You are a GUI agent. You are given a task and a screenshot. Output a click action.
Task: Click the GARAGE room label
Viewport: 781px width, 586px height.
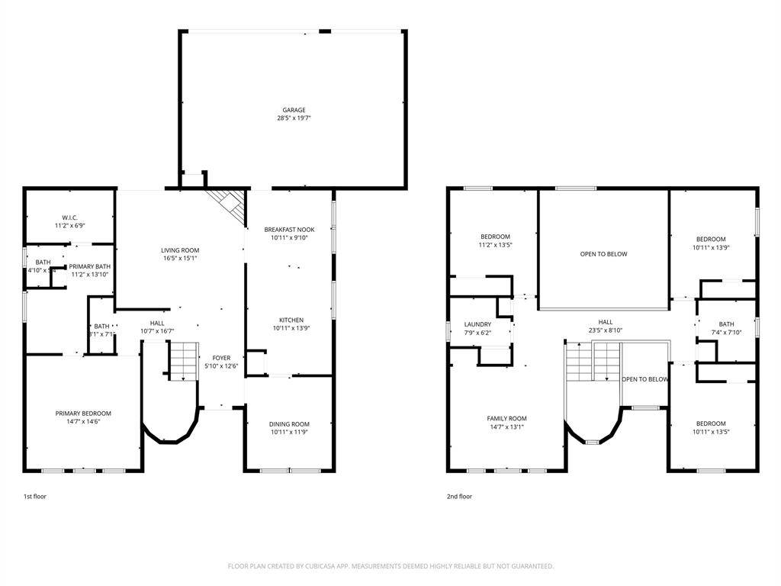[x=294, y=110]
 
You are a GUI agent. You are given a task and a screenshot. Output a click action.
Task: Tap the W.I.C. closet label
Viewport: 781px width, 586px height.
[x=69, y=217]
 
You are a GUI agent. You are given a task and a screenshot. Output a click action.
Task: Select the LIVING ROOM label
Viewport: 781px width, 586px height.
[x=180, y=250]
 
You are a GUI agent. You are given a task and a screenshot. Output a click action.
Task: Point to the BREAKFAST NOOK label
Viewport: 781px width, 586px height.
[x=289, y=229]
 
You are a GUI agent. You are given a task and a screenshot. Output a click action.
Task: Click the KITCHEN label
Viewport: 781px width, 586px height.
[x=291, y=320]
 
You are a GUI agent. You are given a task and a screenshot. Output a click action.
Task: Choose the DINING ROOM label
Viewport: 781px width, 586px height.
[x=289, y=424]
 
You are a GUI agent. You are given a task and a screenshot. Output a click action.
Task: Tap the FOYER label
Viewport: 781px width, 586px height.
[x=221, y=357]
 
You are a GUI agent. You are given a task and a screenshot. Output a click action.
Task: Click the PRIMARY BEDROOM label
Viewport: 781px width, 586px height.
[x=83, y=414]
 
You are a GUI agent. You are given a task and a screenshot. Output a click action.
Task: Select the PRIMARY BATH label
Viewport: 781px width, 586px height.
[x=90, y=266]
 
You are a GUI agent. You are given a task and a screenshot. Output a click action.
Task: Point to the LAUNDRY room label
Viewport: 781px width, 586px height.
[x=477, y=324]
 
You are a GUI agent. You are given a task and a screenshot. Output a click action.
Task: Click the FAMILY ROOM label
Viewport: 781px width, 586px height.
[x=506, y=418]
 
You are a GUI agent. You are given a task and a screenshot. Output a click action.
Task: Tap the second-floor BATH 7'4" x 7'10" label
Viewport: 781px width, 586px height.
[x=726, y=324]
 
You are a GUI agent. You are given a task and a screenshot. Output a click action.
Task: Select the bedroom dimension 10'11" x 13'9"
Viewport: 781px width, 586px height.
[x=709, y=247]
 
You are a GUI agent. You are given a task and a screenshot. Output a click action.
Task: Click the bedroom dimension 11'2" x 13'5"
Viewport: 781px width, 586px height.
[x=495, y=245]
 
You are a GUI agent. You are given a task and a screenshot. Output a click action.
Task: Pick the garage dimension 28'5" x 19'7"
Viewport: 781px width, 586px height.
[x=294, y=118]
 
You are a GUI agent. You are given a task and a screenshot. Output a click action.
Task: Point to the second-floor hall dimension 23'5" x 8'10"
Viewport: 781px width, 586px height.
[x=605, y=330]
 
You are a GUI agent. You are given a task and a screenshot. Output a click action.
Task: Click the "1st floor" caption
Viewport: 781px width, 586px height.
[x=34, y=497]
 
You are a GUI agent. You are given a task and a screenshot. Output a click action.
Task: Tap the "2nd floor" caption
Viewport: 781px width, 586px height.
[x=459, y=497]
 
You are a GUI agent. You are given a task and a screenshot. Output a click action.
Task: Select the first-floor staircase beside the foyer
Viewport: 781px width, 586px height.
[x=183, y=361]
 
